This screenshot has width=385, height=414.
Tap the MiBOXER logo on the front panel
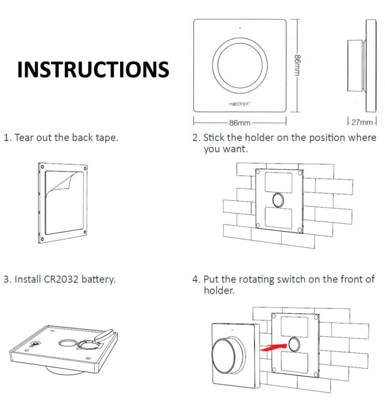240,103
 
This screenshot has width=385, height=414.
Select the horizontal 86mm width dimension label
240,123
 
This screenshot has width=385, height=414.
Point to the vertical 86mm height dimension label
298,65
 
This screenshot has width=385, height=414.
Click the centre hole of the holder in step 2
278,199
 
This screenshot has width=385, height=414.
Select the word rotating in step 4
247,279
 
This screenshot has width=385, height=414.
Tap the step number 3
7,279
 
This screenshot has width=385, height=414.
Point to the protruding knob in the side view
355,65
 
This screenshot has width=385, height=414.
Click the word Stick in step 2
213,138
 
